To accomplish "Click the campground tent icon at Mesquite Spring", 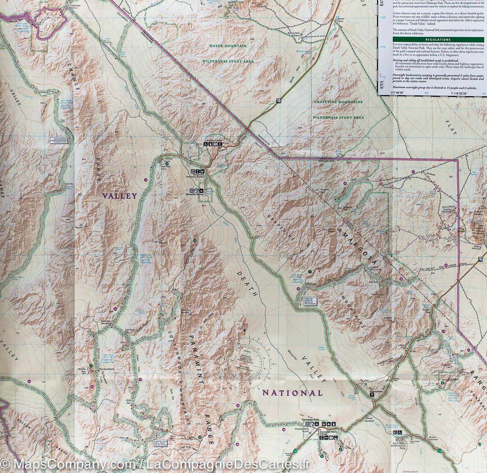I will point(202,190).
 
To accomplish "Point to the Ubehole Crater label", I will point(166,159).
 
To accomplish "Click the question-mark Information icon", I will point(371,394).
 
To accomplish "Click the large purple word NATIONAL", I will point(292,393).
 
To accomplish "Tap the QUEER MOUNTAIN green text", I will point(228,46).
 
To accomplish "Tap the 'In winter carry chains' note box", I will point(161,443).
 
